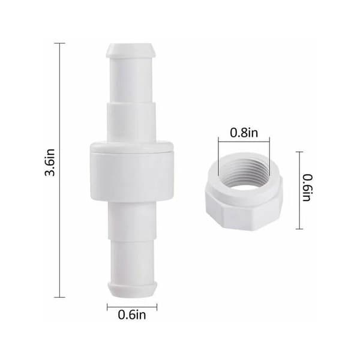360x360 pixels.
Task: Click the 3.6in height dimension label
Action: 50,163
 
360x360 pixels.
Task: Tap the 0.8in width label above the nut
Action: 244,133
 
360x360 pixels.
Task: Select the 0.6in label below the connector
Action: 132,315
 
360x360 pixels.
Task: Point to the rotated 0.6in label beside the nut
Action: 307,188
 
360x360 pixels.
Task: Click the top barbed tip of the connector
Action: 131,50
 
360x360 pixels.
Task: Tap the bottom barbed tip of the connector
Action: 133,290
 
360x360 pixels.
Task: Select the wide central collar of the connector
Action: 131,171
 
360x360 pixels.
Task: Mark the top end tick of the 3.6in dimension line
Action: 59,43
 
